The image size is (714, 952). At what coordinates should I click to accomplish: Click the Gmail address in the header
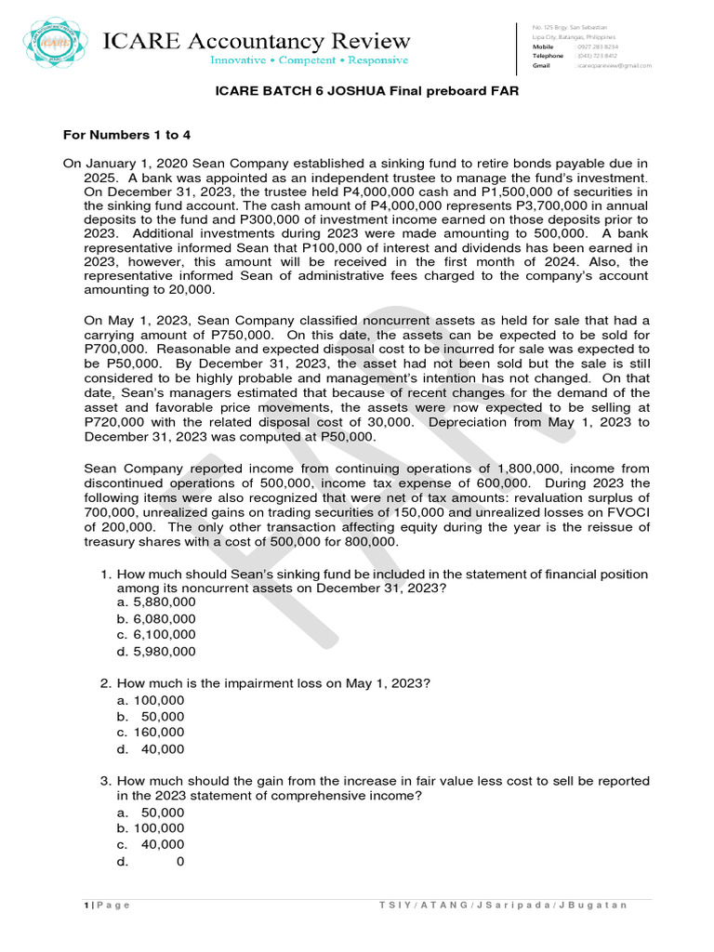coord(614,66)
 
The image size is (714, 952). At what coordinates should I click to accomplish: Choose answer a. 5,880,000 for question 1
coord(156,602)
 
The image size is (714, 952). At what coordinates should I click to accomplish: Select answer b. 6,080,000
coord(156,618)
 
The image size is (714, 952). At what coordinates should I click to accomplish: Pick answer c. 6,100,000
coord(156,635)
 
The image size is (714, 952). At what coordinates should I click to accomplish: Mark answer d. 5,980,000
coord(156,652)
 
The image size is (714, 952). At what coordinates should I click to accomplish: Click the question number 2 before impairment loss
coord(105,683)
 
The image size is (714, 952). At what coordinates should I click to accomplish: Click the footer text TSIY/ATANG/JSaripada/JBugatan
coord(504,906)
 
